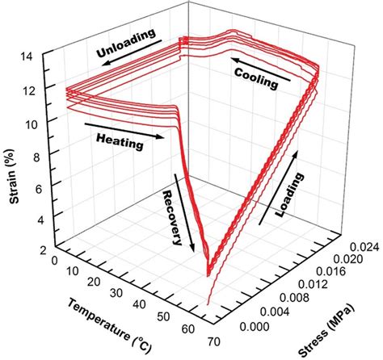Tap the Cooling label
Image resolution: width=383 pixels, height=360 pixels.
256,77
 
